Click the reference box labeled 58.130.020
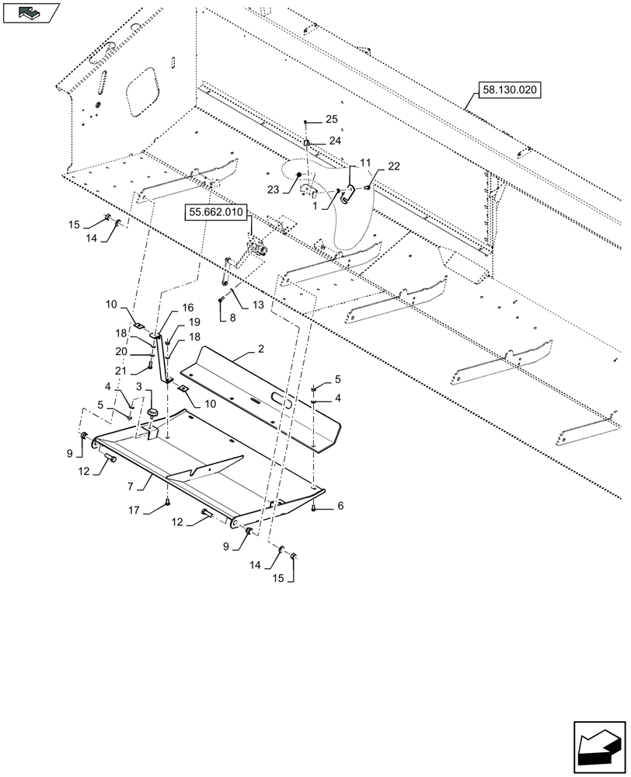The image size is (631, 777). (x=509, y=91)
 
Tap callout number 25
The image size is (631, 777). (x=332, y=119)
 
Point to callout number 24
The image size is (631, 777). (x=334, y=141)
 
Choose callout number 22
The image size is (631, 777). (x=394, y=167)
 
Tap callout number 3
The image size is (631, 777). (x=139, y=385)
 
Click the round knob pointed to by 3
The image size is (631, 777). (x=152, y=411)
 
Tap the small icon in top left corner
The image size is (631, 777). (x=30, y=12)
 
